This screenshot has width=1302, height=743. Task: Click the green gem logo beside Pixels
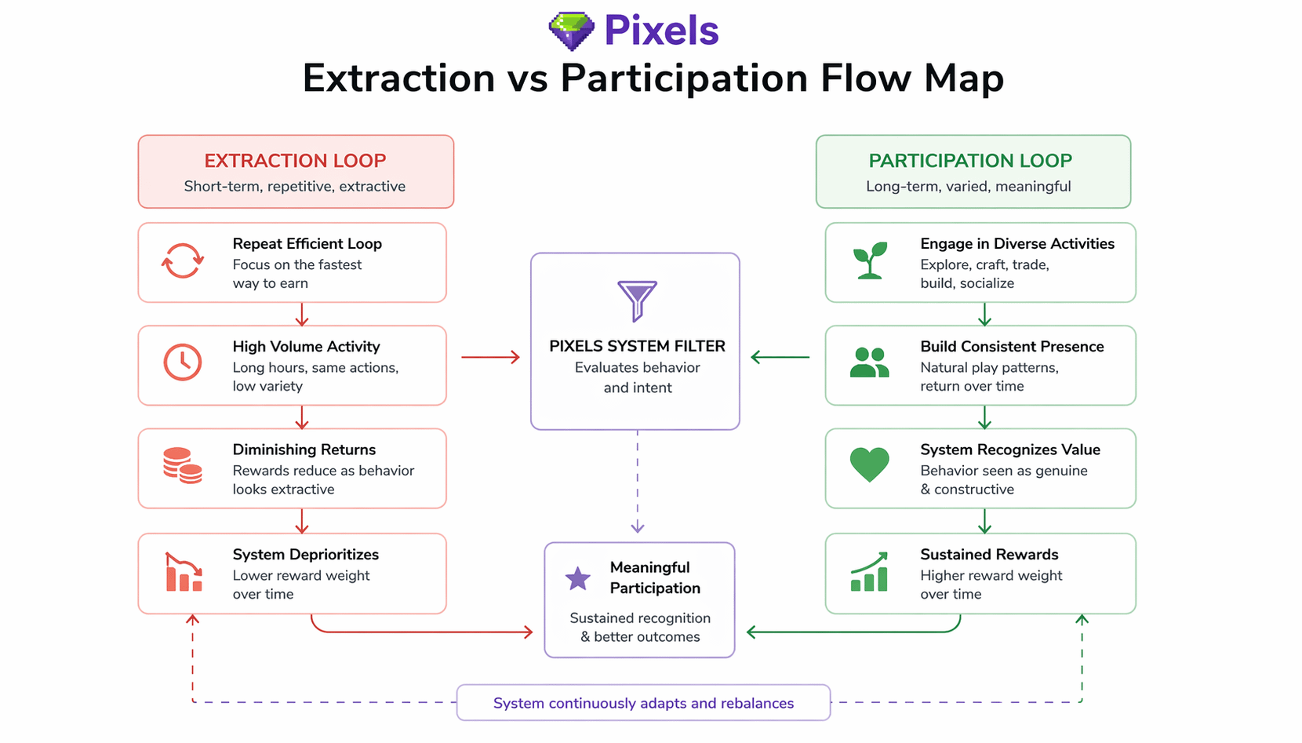pyautogui.click(x=571, y=31)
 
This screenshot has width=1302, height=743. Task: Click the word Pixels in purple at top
pyautogui.click(x=661, y=31)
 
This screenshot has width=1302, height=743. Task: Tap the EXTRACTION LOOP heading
pyautogui.click(x=295, y=161)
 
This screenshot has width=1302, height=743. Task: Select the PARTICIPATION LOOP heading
pyautogui.click(x=970, y=161)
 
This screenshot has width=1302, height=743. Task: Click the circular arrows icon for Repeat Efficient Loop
pyautogui.click(x=183, y=260)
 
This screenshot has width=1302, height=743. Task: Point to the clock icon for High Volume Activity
pyautogui.click(x=183, y=362)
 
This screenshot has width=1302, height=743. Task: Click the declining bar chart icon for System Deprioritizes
pyautogui.click(x=184, y=572)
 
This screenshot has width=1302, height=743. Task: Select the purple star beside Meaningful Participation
pyautogui.click(x=578, y=578)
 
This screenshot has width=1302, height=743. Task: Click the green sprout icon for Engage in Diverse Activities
pyautogui.click(x=870, y=260)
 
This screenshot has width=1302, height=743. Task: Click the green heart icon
pyautogui.click(x=870, y=464)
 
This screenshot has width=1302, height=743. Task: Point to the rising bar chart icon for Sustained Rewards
pyautogui.click(x=870, y=572)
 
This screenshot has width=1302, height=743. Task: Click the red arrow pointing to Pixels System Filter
pyautogui.click(x=490, y=357)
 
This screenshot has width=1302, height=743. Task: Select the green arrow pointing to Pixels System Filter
pyautogui.click(x=780, y=357)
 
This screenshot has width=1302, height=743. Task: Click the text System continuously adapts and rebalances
pyautogui.click(x=643, y=703)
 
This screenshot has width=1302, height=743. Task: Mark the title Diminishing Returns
pyautogui.click(x=304, y=450)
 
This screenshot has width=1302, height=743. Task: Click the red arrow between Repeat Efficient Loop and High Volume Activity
pyautogui.click(x=302, y=314)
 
